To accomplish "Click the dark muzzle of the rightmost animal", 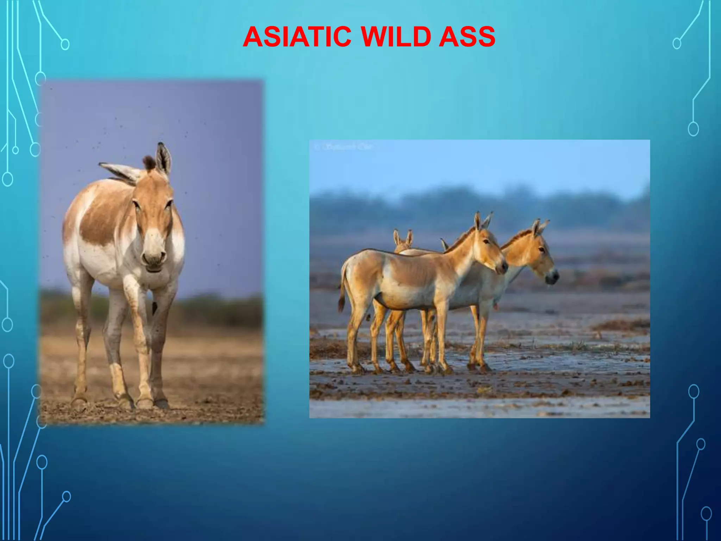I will [x=552, y=278].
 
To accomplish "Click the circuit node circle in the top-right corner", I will [x=677, y=44].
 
